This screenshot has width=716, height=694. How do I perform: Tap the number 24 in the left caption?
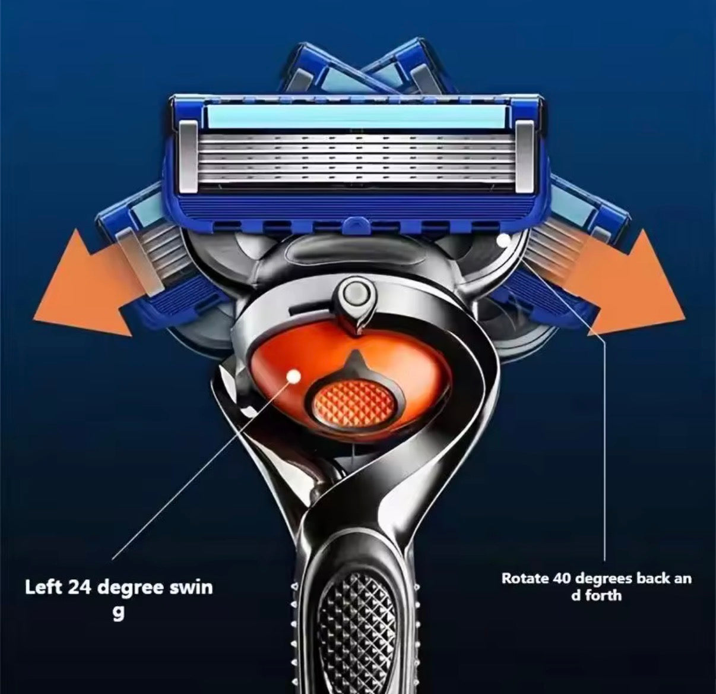80,588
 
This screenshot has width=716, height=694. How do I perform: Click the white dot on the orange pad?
292,375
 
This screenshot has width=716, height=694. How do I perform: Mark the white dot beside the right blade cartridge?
503,241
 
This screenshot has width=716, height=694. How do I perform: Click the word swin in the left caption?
192,588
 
